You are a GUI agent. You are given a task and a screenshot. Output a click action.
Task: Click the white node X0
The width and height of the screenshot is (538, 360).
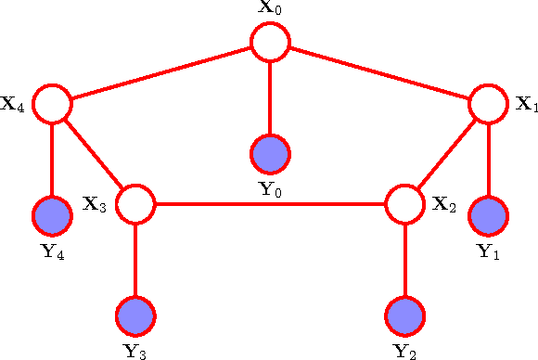pos(270,41)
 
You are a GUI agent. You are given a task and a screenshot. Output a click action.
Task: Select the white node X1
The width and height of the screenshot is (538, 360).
pos(488,104)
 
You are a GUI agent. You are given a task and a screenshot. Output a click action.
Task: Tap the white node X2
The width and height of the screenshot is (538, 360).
pos(404,203)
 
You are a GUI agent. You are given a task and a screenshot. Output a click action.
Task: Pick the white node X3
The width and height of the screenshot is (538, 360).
pos(136,203)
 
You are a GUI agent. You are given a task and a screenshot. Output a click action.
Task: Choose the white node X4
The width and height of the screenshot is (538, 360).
pos(52,104)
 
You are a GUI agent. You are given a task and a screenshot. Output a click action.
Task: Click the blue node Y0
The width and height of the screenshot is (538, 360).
pos(270,152)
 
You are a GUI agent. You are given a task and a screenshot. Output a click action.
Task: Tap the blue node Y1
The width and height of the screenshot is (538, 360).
pos(488,216)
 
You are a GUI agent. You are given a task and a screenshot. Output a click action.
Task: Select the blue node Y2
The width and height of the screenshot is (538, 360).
pos(404,315)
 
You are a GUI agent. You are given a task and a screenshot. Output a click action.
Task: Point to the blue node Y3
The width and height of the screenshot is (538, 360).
pos(136,315)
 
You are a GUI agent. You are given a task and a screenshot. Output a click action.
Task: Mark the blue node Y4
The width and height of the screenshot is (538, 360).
pos(52,216)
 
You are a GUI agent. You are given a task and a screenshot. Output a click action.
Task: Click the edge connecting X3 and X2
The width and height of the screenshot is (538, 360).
pos(270,203)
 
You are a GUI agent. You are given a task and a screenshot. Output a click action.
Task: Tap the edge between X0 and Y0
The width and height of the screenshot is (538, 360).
pos(270,96)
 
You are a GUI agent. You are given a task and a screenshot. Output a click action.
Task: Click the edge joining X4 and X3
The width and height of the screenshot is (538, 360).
pos(94,153)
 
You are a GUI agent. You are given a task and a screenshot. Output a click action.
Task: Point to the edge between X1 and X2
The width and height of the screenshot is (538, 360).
pos(446,153)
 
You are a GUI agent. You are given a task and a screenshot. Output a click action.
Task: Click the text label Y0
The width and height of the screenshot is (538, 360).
pos(270,190)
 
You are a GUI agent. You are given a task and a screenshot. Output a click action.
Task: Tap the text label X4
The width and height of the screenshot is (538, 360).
pos(14,104)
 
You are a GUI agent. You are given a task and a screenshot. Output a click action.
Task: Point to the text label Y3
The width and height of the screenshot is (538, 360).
pos(135,352)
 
